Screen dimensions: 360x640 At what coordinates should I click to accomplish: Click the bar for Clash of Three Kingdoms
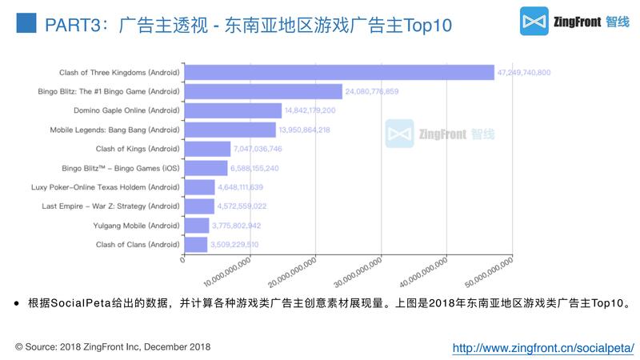tap(339, 73)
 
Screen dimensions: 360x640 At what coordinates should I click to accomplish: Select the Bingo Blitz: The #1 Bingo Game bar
tap(263, 91)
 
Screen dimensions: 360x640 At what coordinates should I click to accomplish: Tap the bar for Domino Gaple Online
tap(233, 110)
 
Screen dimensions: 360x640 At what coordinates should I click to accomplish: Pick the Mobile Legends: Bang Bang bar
tap(230, 130)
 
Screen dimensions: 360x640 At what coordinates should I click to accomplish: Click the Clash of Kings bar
tap(207, 149)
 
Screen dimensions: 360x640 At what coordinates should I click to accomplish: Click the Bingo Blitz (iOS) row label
tap(121, 168)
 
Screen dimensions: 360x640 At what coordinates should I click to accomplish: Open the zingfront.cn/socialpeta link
tap(543, 348)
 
